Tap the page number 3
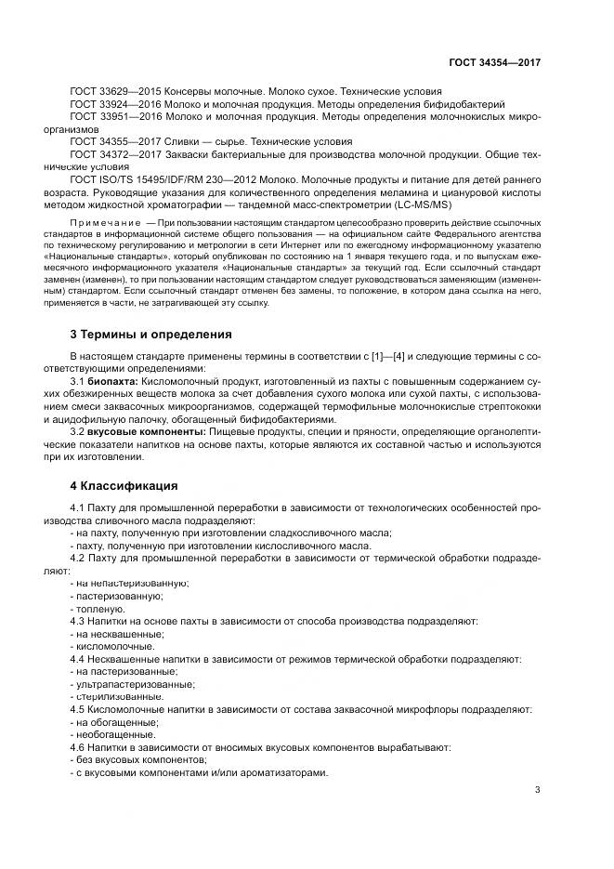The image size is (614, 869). [x=538, y=790]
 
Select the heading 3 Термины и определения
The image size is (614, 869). [x=151, y=334]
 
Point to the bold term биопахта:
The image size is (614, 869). [x=112, y=381]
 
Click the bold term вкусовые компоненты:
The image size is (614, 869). [x=148, y=432]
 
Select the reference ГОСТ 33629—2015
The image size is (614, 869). [x=115, y=92]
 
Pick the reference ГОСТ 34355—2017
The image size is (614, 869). [x=115, y=141]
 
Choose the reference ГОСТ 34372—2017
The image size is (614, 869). [x=115, y=153]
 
